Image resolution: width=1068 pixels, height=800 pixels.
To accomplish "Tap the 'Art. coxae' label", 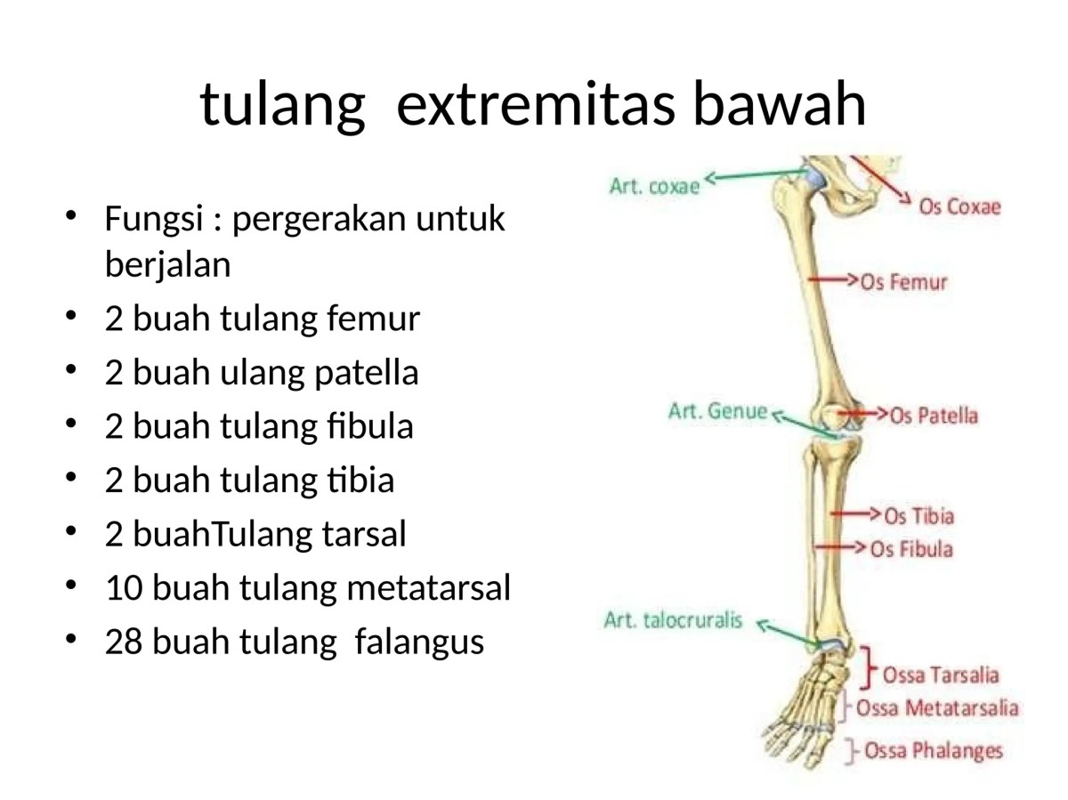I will [x=655, y=187].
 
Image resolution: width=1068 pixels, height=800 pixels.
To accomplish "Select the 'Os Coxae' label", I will [x=959, y=206].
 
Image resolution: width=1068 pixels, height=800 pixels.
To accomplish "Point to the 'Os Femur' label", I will [x=903, y=282].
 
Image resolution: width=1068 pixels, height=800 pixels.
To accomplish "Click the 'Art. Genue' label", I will [x=717, y=411].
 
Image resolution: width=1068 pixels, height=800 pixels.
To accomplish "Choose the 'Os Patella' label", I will [x=934, y=416].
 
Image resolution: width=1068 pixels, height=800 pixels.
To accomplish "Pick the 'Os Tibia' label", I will [x=918, y=516].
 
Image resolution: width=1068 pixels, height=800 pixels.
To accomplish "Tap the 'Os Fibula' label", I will [x=911, y=549].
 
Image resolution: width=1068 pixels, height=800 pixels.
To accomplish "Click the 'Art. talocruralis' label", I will [x=673, y=620].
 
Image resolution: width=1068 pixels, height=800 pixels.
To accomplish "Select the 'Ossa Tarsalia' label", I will [x=940, y=675].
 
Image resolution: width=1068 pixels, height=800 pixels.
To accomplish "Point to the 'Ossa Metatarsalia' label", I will [x=937, y=708].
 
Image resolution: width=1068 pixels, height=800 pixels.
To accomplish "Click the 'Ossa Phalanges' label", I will [x=933, y=751].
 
